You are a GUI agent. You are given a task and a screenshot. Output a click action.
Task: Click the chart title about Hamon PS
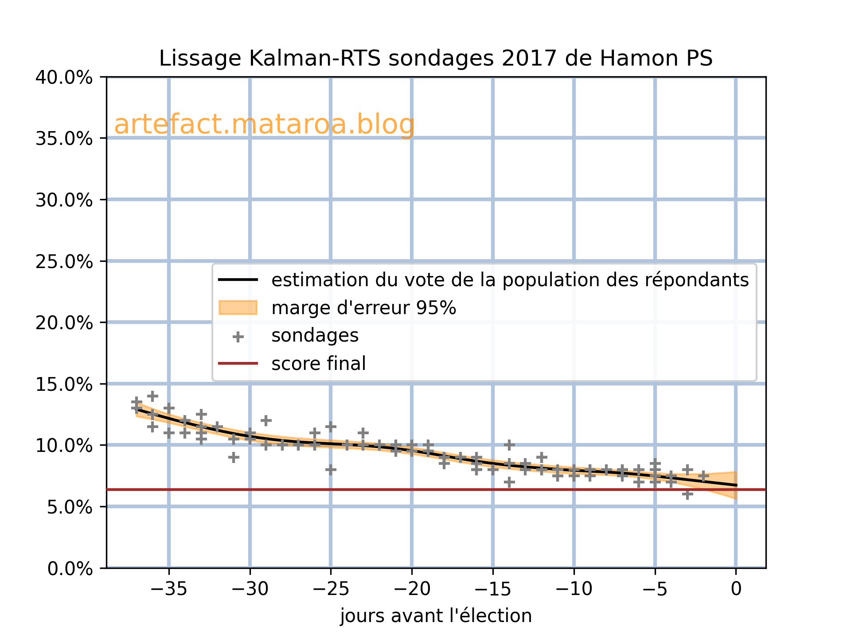(x=436, y=58)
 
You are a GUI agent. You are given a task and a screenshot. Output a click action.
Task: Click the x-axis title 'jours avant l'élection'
(x=436, y=616)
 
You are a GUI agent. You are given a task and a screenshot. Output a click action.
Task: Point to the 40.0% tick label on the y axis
(x=64, y=78)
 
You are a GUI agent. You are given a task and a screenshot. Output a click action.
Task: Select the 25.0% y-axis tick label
(x=64, y=261)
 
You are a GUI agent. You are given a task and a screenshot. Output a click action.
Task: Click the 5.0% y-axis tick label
(x=70, y=507)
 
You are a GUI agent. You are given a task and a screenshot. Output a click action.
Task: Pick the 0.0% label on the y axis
(x=70, y=568)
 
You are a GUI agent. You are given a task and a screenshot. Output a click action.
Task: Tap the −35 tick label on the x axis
(x=168, y=589)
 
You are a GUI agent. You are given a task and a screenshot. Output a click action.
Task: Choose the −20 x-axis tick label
(x=411, y=589)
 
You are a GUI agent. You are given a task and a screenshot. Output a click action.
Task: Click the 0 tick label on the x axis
(x=736, y=589)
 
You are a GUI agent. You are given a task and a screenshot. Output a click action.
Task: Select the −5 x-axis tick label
(x=655, y=589)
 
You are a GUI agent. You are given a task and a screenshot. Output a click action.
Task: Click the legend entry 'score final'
(x=319, y=364)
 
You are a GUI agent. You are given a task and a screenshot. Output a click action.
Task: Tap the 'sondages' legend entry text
(x=315, y=336)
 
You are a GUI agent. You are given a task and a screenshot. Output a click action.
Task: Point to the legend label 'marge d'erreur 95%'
(x=363, y=308)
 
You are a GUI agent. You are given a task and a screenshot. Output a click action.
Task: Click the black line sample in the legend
(x=238, y=280)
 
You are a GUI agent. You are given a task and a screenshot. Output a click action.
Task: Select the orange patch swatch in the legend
(x=238, y=307)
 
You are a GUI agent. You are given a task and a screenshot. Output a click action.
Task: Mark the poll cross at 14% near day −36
(x=152, y=396)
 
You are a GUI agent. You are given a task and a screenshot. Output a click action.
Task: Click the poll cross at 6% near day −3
(x=687, y=494)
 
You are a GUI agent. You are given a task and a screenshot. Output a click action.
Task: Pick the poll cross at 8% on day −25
(x=331, y=470)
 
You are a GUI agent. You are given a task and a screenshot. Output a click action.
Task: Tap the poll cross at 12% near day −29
(x=266, y=420)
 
